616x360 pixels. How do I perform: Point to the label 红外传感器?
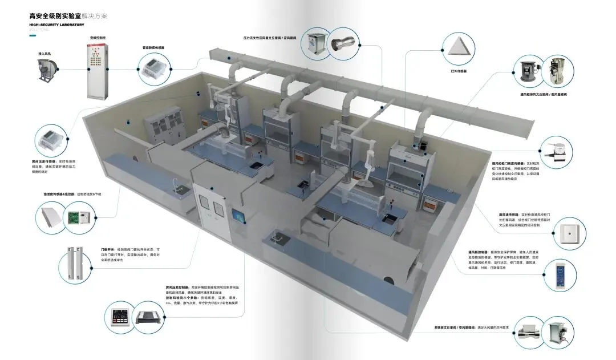[x=459, y=71]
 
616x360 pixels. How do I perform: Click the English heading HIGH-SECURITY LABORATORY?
[x=56, y=25]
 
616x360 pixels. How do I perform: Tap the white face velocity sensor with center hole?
[x=569, y=233]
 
